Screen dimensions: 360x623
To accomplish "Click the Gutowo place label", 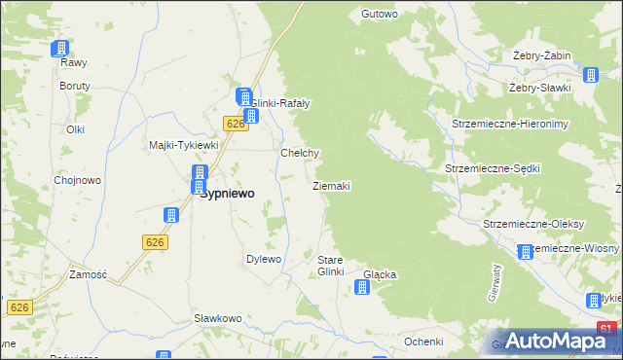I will pos(380,14).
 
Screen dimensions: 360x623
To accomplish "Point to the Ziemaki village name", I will pos(331,185).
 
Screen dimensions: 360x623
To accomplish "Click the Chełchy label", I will pos(300,153).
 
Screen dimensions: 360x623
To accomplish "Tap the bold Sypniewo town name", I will pos(227,194).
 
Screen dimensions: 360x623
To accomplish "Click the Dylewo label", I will pos(264,259).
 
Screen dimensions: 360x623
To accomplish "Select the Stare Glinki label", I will pos(331,266).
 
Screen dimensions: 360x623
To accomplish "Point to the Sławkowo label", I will pos(217,318).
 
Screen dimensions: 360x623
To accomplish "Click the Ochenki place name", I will pos(424,342).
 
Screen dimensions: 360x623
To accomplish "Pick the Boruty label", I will pos(75,86).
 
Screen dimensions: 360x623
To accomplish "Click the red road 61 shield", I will pos(606,330).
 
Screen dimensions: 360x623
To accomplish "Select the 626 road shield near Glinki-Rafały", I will pos(233,124).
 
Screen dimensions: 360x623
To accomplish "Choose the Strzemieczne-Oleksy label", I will pos(533,224).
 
